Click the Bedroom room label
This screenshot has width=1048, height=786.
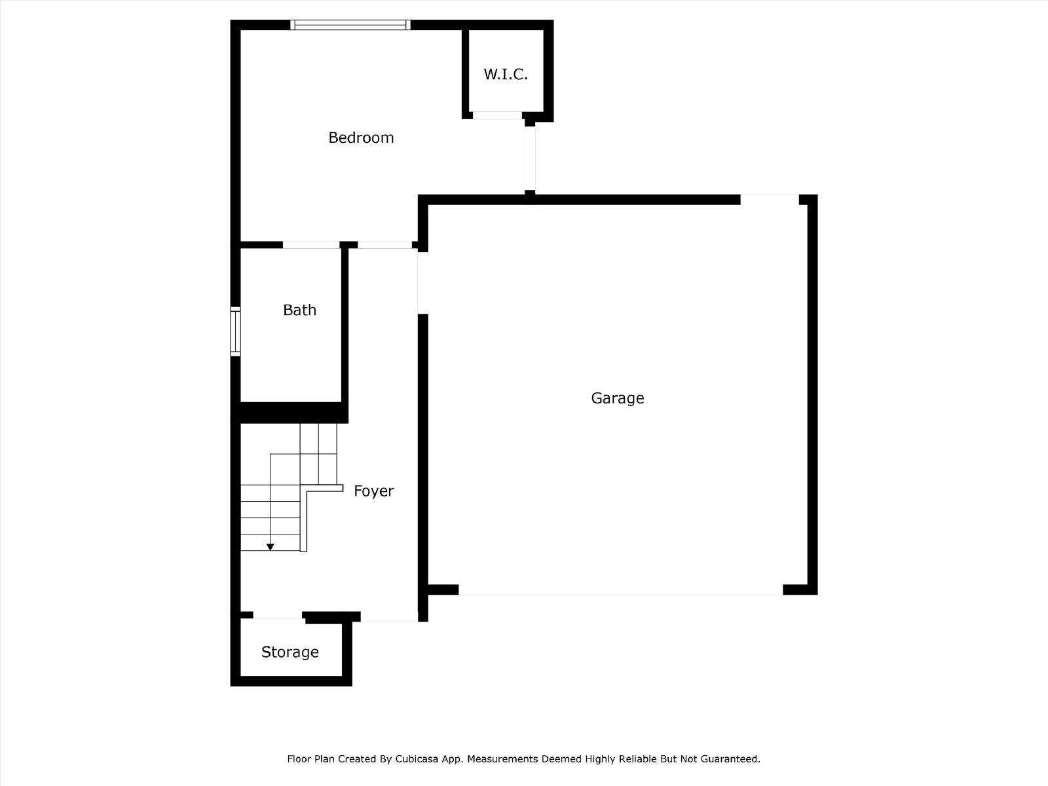pos(361,138)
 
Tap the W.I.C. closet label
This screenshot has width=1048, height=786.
pos(506,75)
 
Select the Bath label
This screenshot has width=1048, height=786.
pos(299,310)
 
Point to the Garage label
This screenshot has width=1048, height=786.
pos(618,398)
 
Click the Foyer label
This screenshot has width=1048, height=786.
pos(374,491)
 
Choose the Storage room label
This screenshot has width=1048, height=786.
pos(290,652)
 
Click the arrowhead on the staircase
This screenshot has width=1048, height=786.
pos(271,547)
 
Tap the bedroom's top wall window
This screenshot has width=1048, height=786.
pos(350,25)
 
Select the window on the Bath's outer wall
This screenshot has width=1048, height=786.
pos(235,331)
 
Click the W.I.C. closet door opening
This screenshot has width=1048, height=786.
pos(497,115)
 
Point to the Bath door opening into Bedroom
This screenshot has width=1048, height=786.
pos(311,245)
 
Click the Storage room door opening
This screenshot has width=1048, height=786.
pos(278,615)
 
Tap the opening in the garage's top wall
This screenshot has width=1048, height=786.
pos(770,200)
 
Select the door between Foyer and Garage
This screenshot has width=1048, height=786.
pos(422,283)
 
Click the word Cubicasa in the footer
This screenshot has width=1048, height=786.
pos(417,758)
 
